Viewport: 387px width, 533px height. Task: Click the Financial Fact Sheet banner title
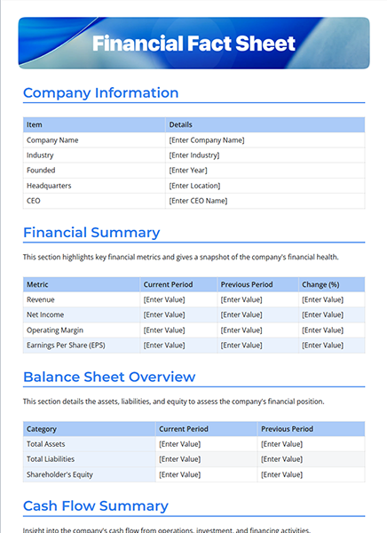[193, 44]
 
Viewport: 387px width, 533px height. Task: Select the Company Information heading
[100, 92]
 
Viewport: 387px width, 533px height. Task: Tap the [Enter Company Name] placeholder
[206, 139]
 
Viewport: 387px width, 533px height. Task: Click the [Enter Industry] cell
[193, 155]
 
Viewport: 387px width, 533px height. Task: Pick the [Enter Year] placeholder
[187, 170]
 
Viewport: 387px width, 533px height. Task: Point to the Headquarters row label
[49, 186]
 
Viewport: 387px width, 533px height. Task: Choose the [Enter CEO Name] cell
[198, 201]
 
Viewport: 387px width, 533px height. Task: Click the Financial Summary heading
[91, 233]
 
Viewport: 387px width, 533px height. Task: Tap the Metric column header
[37, 284]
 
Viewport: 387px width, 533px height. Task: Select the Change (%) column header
[320, 284]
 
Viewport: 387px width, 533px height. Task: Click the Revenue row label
[41, 299]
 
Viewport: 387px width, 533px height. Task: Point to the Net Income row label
[45, 314]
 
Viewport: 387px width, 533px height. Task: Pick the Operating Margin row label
[56, 330]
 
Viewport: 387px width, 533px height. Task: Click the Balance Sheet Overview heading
[109, 377]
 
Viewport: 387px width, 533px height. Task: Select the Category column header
[42, 428]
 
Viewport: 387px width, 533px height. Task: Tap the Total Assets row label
[46, 443]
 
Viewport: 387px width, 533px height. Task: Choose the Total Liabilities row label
[51, 458]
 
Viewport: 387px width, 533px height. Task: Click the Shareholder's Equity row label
[59, 473]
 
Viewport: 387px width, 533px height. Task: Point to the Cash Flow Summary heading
[95, 506]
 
